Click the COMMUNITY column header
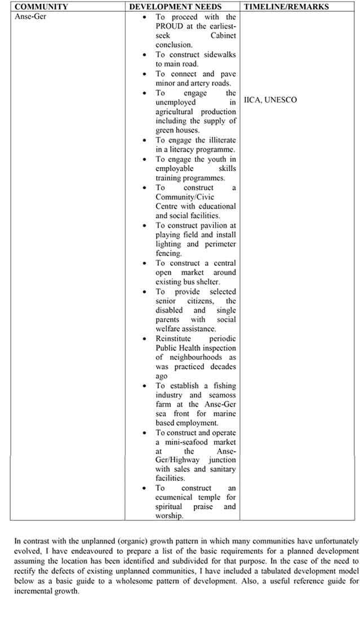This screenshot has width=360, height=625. click(x=42, y=7)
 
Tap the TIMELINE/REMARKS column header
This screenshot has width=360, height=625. click(x=286, y=7)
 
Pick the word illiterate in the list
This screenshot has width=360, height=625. click(x=217, y=140)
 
